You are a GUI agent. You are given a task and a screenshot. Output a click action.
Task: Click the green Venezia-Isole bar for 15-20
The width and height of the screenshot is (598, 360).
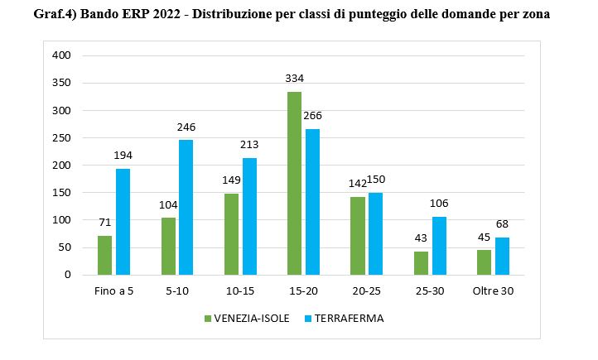coord(294,183)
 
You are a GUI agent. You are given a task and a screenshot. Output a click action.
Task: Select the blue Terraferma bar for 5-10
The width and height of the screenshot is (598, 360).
coord(186,207)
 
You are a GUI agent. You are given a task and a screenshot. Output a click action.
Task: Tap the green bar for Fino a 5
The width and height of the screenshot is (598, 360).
coord(104,255)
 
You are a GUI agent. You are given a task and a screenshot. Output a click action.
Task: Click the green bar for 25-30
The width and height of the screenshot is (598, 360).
coord(421,262)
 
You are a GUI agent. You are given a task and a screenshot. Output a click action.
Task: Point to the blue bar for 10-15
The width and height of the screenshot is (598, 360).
coord(249,216)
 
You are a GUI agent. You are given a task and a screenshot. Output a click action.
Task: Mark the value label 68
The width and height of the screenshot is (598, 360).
coord(502,224)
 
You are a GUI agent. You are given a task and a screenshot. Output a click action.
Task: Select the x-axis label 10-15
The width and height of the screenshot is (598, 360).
coord(240,291)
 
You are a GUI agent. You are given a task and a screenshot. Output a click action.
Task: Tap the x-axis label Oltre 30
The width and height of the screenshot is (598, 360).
coord(493,291)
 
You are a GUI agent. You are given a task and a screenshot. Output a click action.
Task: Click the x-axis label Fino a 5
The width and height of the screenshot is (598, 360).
coord(113,291)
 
